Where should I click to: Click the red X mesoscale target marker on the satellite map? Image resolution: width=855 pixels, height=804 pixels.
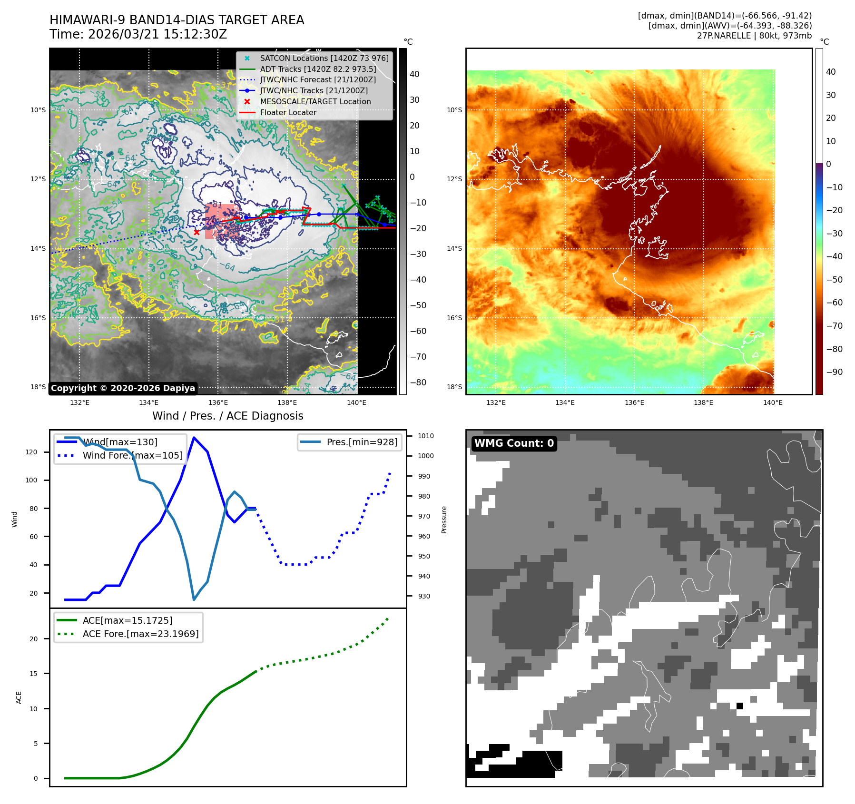pos(197,233)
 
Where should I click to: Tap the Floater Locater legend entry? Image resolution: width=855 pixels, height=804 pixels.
pos(288,113)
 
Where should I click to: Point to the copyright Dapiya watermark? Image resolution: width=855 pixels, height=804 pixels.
pos(123,388)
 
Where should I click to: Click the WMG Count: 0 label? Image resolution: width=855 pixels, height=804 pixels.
pos(514,443)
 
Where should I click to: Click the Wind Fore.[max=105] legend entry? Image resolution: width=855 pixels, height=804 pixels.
pos(132,455)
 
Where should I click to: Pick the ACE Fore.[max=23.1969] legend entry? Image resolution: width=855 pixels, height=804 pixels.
pos(140,634)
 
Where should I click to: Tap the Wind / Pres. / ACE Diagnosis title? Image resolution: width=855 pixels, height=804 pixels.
pos(227,416)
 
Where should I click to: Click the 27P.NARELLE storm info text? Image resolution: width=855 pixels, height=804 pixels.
pos(754,36)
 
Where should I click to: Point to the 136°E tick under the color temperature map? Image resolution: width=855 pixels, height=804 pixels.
pos(634,403)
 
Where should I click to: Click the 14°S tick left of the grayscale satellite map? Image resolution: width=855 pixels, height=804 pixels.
pos(39,248)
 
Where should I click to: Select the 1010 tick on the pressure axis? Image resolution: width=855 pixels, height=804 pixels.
pos(425,436)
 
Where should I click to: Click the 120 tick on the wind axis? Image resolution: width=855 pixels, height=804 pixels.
pos(31,452)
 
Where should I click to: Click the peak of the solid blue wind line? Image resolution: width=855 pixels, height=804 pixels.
pos(194,437)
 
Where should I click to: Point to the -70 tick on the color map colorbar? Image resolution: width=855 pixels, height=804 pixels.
pos(834,326)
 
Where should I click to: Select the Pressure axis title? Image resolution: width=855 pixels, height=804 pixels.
pos(444,520)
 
